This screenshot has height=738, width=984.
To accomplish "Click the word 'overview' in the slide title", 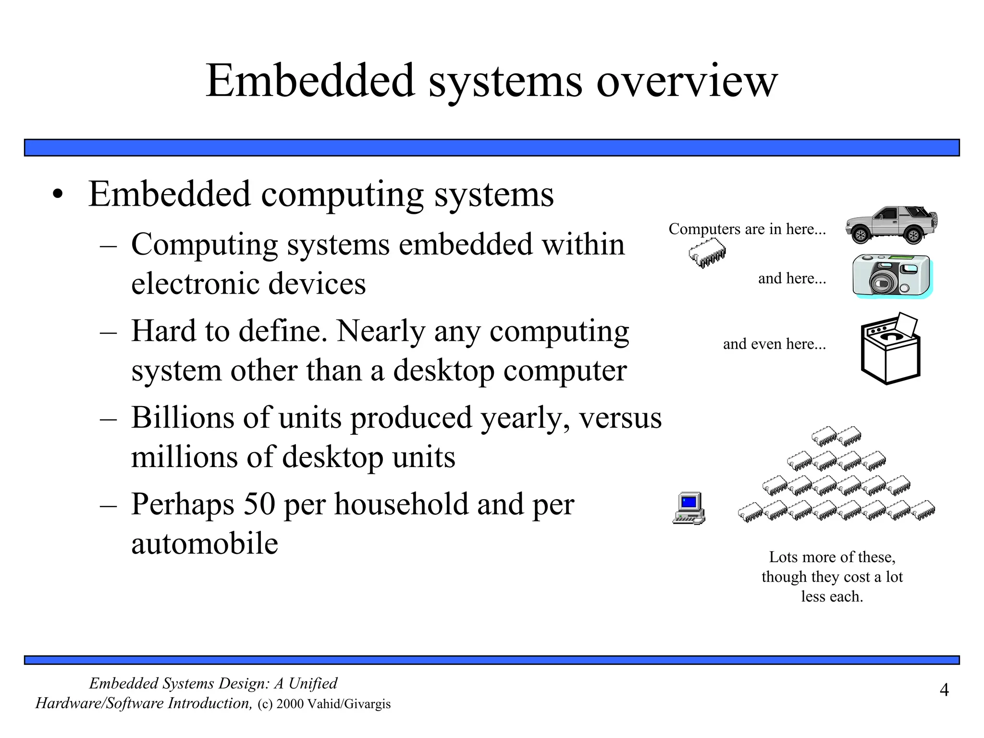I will pyautogui.click(x=687, y=82).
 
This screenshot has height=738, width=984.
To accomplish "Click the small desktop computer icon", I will pyautogui.click(x=689, y=508).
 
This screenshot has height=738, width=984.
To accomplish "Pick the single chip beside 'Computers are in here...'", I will pyautogui.click(x=707, y=253).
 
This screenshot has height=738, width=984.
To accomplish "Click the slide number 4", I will pyautogui.click(x=944, y=690).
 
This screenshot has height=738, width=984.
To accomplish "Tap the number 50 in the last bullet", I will pyautogui.click(x=259, y=504).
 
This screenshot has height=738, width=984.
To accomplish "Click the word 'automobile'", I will pyautogui.click(x=205, y=543).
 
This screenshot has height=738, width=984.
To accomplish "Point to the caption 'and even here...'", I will pyautogui.click(x=774, y=344).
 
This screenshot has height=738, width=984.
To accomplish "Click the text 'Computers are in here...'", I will pyautogui.click(x=747, y=229).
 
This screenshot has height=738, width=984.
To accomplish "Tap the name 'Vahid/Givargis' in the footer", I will pyautogui.click(x=349, y=704).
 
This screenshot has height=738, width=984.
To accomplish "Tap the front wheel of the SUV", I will pyautogui.click(x=860, y=235).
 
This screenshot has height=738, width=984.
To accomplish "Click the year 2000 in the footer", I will pyautogui.click(x=290, y=704).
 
